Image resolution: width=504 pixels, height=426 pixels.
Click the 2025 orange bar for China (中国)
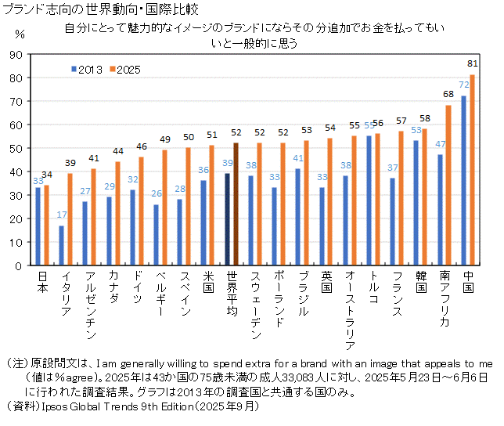(x=472, y=170)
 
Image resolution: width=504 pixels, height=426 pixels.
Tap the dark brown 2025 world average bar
(x=236, y=204)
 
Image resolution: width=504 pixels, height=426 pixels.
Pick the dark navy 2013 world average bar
(x=227, y=219)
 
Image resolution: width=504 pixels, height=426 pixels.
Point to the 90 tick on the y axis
(x=16, y=55)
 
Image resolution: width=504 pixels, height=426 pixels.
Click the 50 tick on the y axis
(x=16, y=148)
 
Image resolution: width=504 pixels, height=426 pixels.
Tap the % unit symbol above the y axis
(x=20, y=36)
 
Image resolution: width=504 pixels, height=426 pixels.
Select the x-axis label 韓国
(x=421, y=282)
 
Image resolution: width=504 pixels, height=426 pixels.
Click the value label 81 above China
(x=472, y=63)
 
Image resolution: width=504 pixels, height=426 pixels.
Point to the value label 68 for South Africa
(x=448, y=94)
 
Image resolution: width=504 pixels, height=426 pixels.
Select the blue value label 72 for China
(x=463, y=85)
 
